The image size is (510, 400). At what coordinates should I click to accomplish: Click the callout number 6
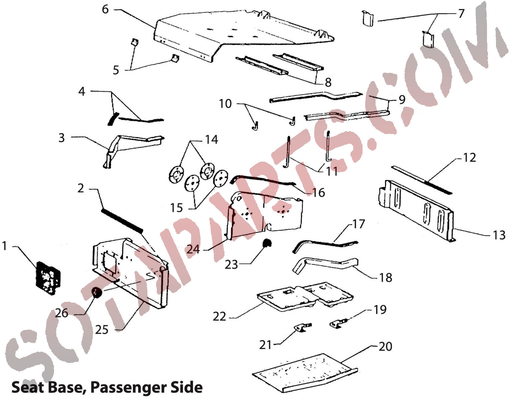pyautogui.click(x=105, y=9)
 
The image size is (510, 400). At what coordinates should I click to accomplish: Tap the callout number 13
pyautogui.click(x=499, y=235)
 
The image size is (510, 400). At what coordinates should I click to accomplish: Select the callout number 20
pyautogui.click(x=386, y=347)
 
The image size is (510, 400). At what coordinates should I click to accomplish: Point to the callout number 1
pyautogui.click(x=5, y=246)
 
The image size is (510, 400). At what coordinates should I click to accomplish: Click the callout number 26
pyautogui.click(x=62, y=313)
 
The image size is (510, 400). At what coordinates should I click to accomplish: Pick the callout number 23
pyautogui.click(x=231, y=264)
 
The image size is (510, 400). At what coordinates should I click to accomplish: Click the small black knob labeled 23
pyautogui.click(x=267, y=244)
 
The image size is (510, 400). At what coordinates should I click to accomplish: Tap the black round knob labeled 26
pyautogui.click(x=97, y=293)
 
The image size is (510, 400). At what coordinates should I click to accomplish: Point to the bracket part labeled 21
pyautogui.click(x=303, y=327)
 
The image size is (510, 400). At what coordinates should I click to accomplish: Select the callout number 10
pyautogui.click(x=225, y=104)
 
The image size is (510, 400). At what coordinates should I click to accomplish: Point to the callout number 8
pyautogui.click(x=328, y=82)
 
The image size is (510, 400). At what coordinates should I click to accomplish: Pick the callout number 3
pyautogui.click(x=61, y=138)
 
